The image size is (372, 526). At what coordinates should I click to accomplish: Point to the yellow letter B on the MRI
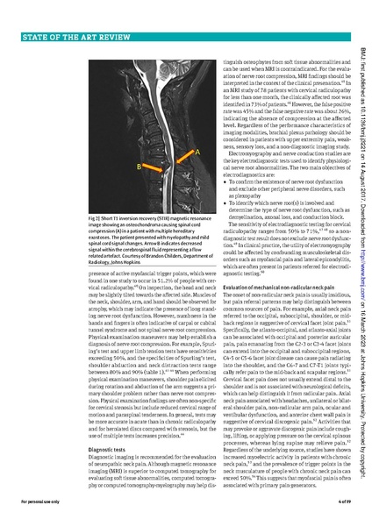(138, 165)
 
